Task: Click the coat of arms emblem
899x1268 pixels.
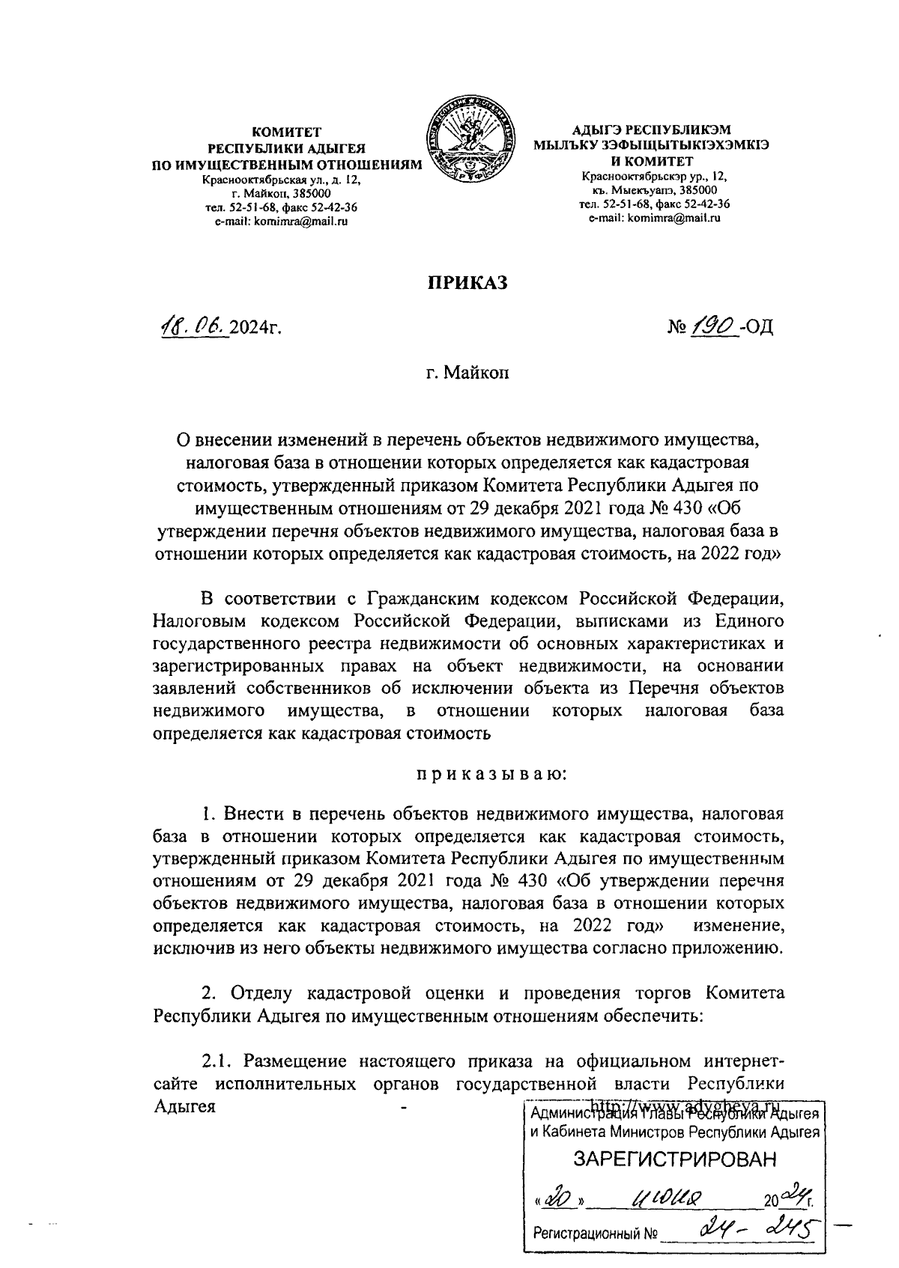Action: (x=472, y=140)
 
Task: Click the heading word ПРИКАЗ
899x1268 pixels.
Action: (x=467, y=282)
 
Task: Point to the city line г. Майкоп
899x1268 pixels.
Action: (x=468, y=372)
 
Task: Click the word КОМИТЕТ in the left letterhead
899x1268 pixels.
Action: (x=285, y=131)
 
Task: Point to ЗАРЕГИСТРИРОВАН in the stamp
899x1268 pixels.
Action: (x=675, y=1159)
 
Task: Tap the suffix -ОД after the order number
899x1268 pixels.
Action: (x=756, y=327)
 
